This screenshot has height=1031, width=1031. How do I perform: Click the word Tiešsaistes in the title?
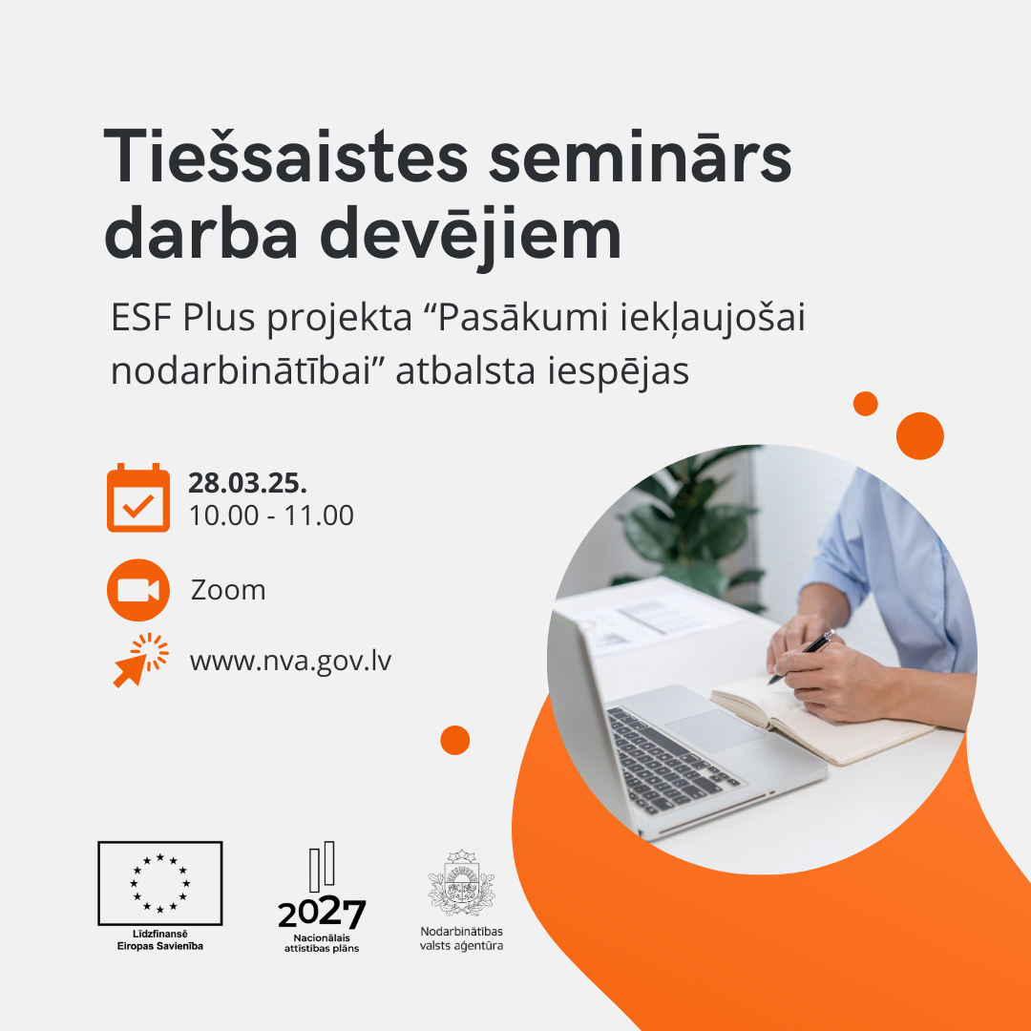coord(286,157)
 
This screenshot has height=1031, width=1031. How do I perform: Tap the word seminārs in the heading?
coord(641,158)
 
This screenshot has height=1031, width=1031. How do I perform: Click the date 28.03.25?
coord(248,483)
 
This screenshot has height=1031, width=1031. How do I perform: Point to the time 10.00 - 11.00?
coord(271,515)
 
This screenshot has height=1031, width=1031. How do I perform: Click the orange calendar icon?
coord(138,497)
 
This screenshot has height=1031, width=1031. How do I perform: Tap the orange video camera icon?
coord(138,590)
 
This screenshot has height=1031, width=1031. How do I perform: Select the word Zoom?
coord(228,591)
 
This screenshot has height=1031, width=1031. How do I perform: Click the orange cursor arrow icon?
coord(140,661)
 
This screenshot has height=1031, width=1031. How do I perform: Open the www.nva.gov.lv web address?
coord(290,661)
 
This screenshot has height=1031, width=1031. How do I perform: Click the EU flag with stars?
coord(159,883)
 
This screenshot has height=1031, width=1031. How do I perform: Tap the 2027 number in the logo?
coord(322,914)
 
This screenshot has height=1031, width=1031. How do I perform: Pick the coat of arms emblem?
coord(461,882)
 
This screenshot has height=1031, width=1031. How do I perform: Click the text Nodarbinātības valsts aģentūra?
coord(462,938)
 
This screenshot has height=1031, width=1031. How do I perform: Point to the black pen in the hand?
coord(801,657)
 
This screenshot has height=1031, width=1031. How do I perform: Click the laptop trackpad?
coord(715,730)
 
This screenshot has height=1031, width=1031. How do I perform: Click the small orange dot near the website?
coord(455,741)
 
